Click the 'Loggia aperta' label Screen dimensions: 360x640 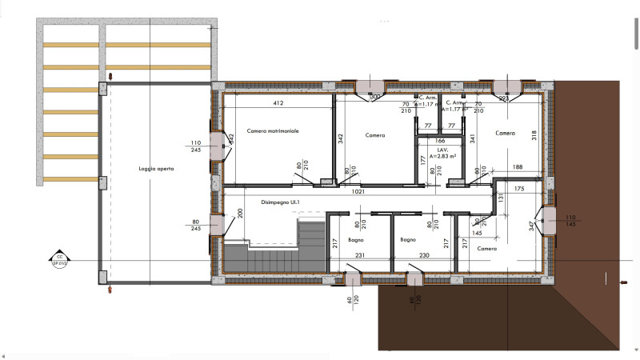[155, 169]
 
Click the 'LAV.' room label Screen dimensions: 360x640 [441, 150]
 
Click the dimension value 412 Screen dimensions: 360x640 [278, 103]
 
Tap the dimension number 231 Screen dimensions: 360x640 [360, 255]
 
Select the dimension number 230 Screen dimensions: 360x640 [425, 255]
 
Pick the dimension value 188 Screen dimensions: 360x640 [518, 167]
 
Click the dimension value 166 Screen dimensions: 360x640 [440, 141]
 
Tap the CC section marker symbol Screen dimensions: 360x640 [58, 258]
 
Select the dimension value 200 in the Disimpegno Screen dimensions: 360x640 [241, 216]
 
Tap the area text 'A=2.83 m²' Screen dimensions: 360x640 [442, 157]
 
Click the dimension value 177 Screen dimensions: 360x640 [423, 160]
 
